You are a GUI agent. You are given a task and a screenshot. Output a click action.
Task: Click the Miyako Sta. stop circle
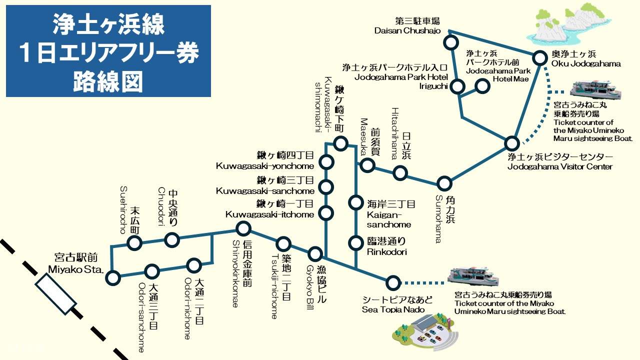[x=113, y=277]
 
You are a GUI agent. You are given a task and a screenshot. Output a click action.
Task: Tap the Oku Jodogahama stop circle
[x=540, y=58]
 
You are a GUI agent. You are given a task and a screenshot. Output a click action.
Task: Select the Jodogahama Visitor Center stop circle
[x=511, y=143]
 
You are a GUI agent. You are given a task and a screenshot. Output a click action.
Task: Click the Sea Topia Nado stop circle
[x=393, y=282]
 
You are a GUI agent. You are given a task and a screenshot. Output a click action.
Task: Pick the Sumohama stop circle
[x=444, y=183]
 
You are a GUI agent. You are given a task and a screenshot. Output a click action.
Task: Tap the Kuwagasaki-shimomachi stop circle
[x=340, y=144]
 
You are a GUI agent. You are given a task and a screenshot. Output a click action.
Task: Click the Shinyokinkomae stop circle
[x=243, y=229]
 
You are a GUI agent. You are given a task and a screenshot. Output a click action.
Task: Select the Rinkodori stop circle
[x=355, y=243]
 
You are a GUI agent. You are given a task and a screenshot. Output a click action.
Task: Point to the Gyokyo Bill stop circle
[x=315, y=253]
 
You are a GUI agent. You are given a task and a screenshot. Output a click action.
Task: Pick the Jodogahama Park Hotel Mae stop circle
[x=482, y=86]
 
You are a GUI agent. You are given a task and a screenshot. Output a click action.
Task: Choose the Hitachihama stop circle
[x=400, y=173]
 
